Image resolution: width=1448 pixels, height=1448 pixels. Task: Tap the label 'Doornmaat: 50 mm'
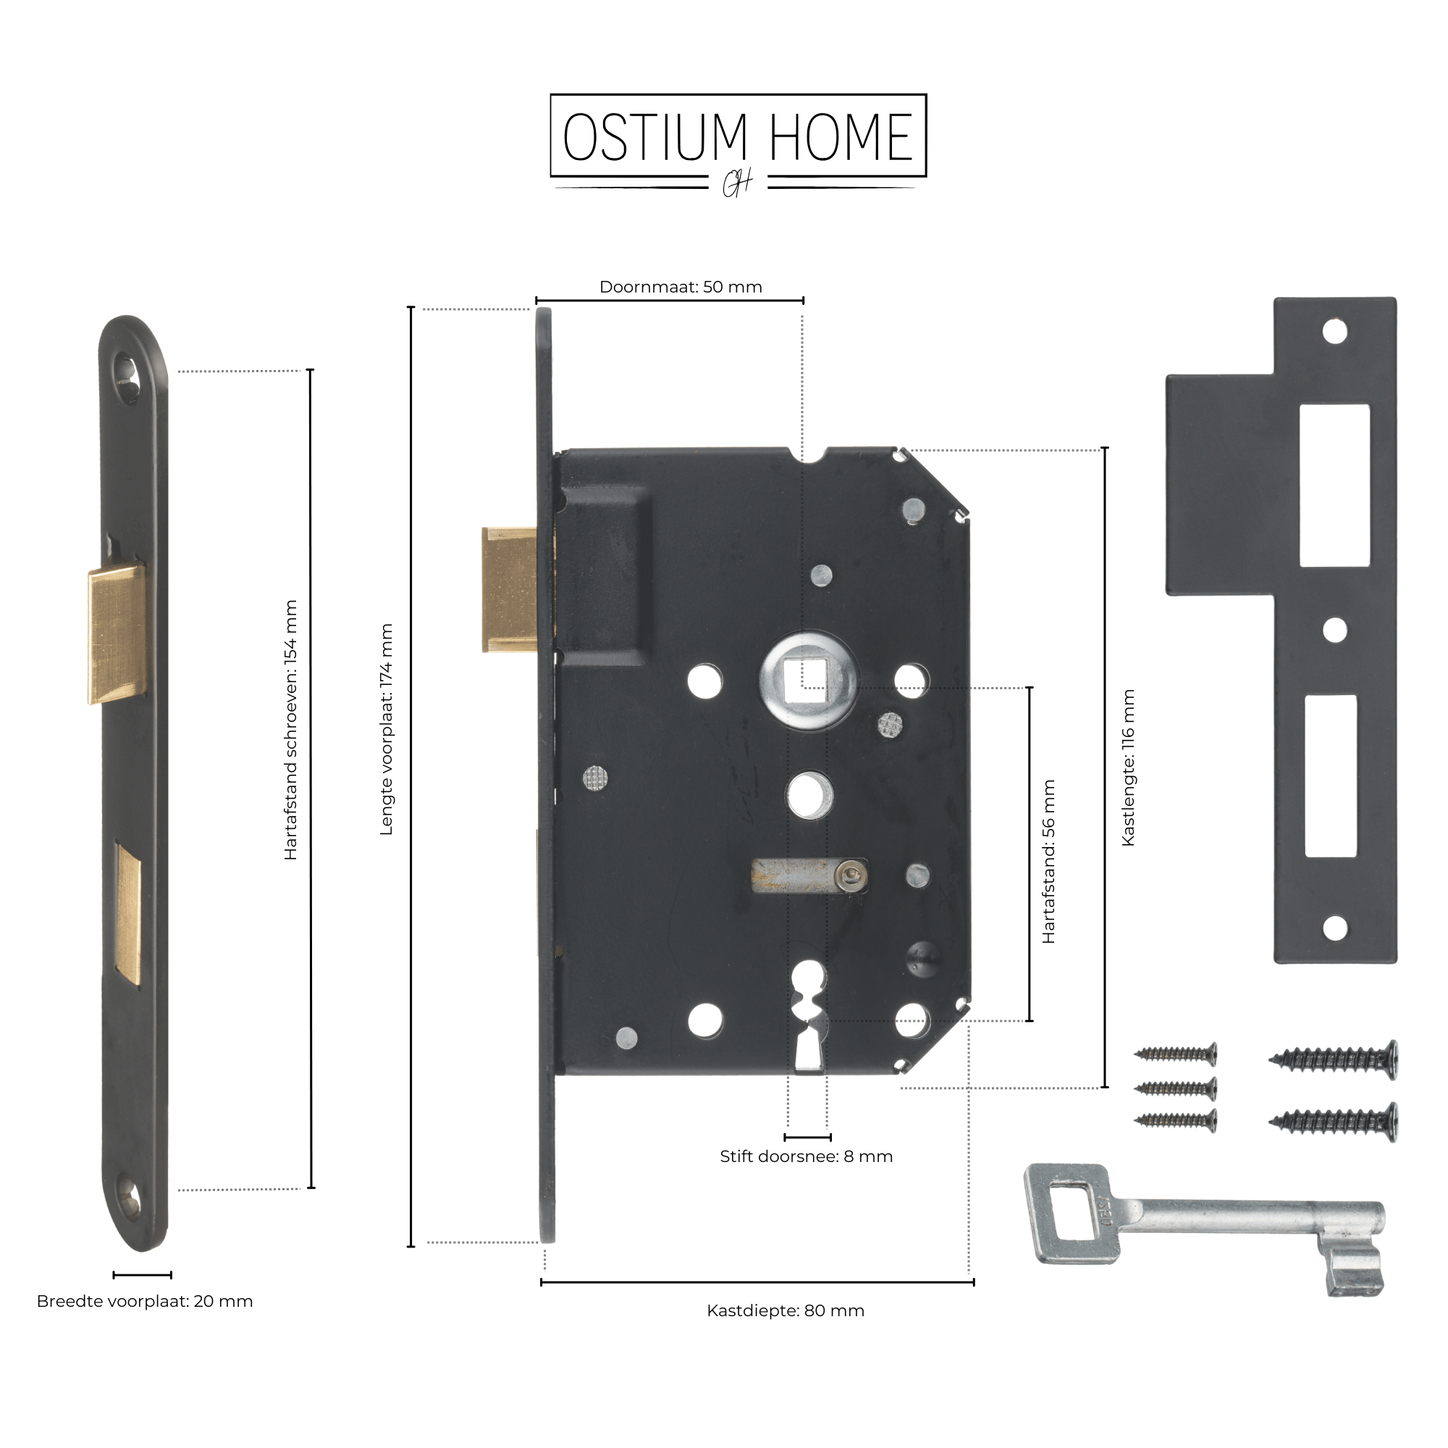(681, 287)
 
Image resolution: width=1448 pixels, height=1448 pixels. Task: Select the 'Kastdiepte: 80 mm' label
(786, 1311)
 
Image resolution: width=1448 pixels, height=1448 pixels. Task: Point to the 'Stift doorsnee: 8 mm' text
(807, 1156)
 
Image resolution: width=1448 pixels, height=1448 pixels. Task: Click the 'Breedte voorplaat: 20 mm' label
(145, 1301)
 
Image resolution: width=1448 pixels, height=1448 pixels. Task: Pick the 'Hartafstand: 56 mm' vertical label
(1048, 861)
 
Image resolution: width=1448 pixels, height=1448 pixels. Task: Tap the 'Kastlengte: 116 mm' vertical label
(1128, 768)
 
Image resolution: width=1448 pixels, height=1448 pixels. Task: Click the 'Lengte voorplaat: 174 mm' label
(386, 729)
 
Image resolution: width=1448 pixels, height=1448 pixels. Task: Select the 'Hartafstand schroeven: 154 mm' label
(291, 729)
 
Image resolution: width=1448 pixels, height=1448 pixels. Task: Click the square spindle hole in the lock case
(808, 678)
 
